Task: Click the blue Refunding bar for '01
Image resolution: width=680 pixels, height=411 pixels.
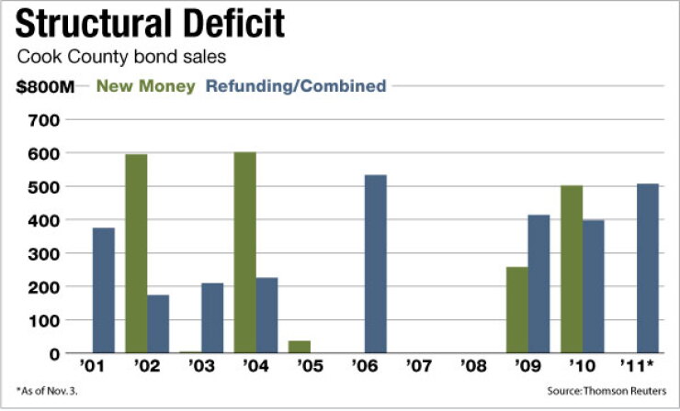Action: (104, 290)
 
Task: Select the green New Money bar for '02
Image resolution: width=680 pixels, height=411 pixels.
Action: (136, 253)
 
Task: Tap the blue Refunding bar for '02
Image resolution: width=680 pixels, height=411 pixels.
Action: (158, 324)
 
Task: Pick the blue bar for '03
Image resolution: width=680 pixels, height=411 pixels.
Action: (212, 318)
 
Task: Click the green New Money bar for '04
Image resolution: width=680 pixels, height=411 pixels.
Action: (245, 252)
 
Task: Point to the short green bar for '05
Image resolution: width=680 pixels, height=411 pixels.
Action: (300, 347)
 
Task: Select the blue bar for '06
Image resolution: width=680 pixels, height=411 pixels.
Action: (376, 263)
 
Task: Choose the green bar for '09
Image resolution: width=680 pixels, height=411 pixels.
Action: (517, 310)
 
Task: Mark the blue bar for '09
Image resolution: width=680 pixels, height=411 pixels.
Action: (538, 284)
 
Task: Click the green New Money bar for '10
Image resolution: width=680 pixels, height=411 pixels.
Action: (572, 270)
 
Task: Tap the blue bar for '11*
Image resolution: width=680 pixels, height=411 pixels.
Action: (648, 269)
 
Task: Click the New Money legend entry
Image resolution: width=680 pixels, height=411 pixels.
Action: (146, 86)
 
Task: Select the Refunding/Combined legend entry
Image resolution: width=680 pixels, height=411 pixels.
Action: (296, 86)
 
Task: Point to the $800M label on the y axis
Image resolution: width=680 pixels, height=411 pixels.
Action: (45, 87)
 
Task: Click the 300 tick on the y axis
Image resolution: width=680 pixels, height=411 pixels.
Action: (44, 254)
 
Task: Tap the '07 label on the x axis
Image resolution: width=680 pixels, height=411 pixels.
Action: (419, 366)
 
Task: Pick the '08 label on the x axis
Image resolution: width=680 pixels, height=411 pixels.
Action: (473, 366)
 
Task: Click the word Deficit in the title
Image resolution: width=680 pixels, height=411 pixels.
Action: (234, 23)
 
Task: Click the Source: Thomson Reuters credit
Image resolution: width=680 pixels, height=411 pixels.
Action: (606, 391)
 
